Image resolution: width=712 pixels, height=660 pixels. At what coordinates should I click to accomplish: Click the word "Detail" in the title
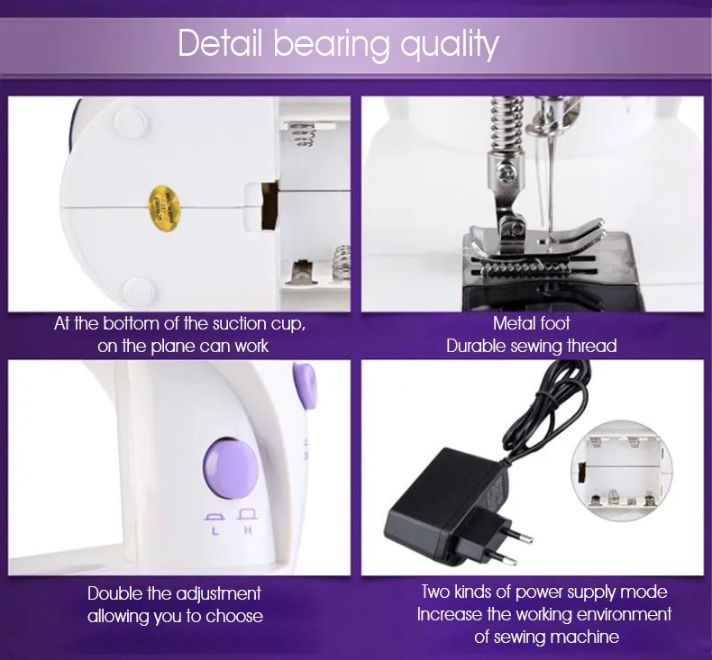pyautogui.click(x=220, y=43)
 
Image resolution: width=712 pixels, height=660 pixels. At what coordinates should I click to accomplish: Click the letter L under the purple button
pyautogui.click(x=215, y=531)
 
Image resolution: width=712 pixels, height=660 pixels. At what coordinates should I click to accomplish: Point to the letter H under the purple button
pyautogui.click(x=246, y=530)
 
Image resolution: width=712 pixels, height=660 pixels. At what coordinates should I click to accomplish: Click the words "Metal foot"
pyautogui.click(x=532, y=323)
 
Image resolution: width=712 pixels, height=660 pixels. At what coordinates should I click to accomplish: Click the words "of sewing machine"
pyautogui.click(x=547, y=637)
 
